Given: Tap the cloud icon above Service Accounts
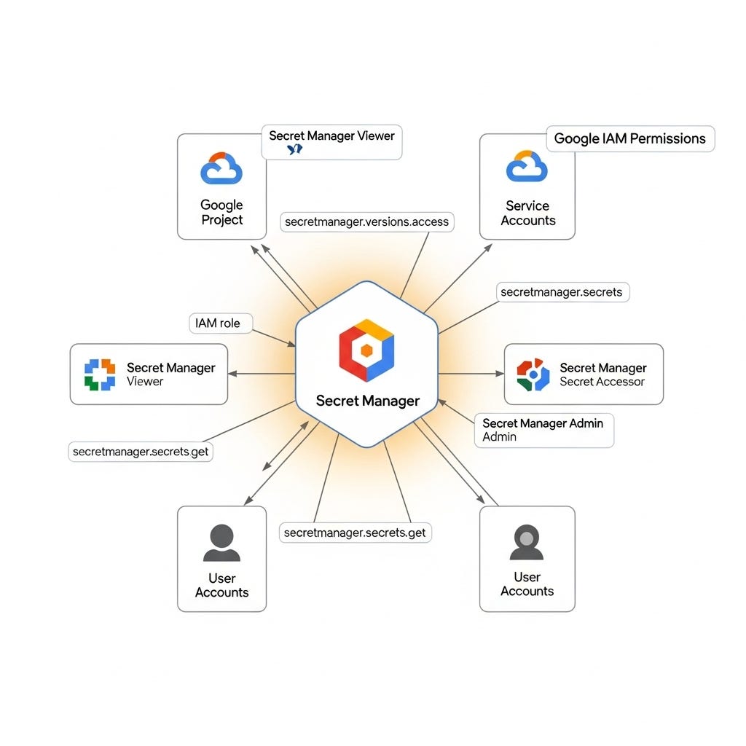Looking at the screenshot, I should coord(527,166).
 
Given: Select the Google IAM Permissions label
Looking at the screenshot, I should coord(630,138).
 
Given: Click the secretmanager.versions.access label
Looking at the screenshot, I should coord(367,222).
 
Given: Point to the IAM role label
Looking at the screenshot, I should coord(218,323).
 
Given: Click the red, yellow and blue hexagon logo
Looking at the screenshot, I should coord(366,350).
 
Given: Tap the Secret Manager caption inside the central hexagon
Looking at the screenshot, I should coord(367,401).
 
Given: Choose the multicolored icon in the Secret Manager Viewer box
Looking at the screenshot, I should coord(100,374).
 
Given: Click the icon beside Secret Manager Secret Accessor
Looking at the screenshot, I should coord(533,374).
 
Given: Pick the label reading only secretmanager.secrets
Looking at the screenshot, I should coord(562,292).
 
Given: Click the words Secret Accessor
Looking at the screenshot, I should coord(602,382).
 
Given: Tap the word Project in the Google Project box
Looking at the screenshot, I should coord(222,220).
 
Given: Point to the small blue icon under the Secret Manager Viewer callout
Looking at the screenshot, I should coord(294,149).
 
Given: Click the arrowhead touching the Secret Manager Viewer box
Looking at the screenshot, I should coord(232,374).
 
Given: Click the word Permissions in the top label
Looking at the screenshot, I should coord(668,138).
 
